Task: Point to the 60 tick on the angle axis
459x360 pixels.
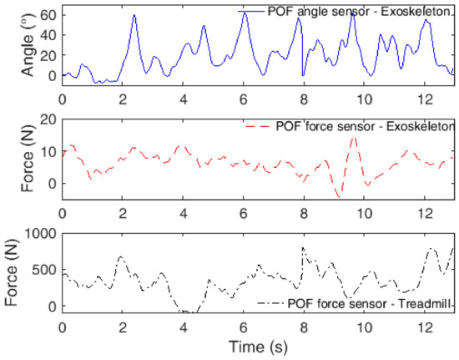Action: click(x=47, y=15)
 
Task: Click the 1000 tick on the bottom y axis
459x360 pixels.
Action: click(x=40, y=235)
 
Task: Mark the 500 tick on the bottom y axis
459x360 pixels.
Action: click(x=43, y=271)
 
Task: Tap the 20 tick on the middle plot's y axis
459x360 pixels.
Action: click(x=47, y=119)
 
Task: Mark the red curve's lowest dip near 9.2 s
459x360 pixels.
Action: click(x=338, y=197)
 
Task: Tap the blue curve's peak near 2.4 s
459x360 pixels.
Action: click(x=134, y=15)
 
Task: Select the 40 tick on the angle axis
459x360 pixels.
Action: click(x=47, y=35)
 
